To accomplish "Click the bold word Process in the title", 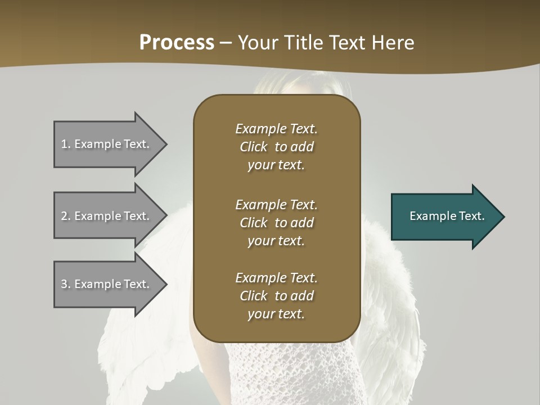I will click(x=177, y=43).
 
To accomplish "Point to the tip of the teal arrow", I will click(x=503, y=217).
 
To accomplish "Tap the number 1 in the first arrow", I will click(x=65, y=144).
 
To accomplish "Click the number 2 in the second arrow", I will click(x=65, y=216).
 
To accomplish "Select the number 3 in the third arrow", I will click(x=65, y=284).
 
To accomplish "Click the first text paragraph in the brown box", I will click(x=276, y=147).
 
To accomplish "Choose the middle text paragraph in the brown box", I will click(x=276, y=222).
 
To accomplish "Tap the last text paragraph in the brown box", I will click(x=276, y=296).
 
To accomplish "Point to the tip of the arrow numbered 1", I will click(x=166, y=144).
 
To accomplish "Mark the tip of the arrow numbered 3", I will click(x=166, y=284).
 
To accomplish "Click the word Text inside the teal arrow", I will click(x=471, y=216).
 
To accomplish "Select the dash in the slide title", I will click(x=226, y=43).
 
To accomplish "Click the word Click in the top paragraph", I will click(x=254, y=147).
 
